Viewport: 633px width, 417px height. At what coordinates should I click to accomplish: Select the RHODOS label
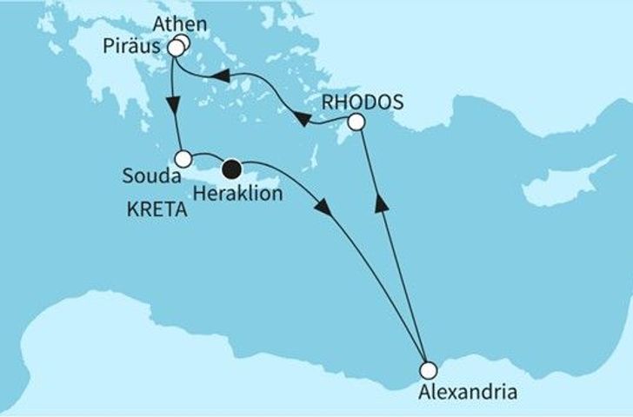click(362, 102)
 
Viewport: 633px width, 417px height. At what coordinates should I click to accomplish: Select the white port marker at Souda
click(183, 159)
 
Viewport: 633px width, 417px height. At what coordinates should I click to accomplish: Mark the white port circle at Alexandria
click(424, 368)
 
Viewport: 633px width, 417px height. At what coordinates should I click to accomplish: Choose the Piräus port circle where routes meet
click(176, 49)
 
